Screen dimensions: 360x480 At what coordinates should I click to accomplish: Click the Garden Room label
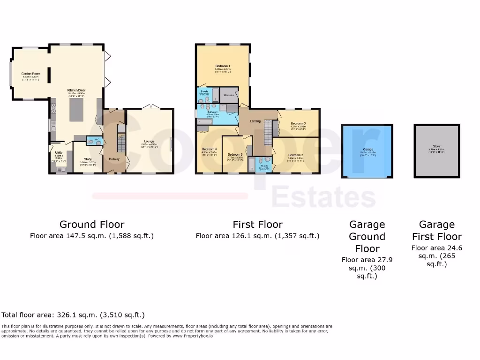(30, 74)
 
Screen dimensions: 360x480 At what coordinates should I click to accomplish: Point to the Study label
(88, 159)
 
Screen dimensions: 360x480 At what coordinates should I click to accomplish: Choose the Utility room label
(59, 152)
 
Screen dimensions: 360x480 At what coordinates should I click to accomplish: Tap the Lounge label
(149, 141)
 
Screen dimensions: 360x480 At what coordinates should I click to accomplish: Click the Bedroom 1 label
(223, 66)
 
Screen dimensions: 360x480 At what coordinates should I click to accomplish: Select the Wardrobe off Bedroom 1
(229, 95)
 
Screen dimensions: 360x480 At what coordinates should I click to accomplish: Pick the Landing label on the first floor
(255, 121)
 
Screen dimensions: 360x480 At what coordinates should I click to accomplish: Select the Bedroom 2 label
(295, 155)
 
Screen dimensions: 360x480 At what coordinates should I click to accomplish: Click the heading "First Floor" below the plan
(257, 225)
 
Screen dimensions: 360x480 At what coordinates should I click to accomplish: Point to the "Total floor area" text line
(73, 315)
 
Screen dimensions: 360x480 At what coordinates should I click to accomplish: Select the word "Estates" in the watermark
(323, 197)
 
